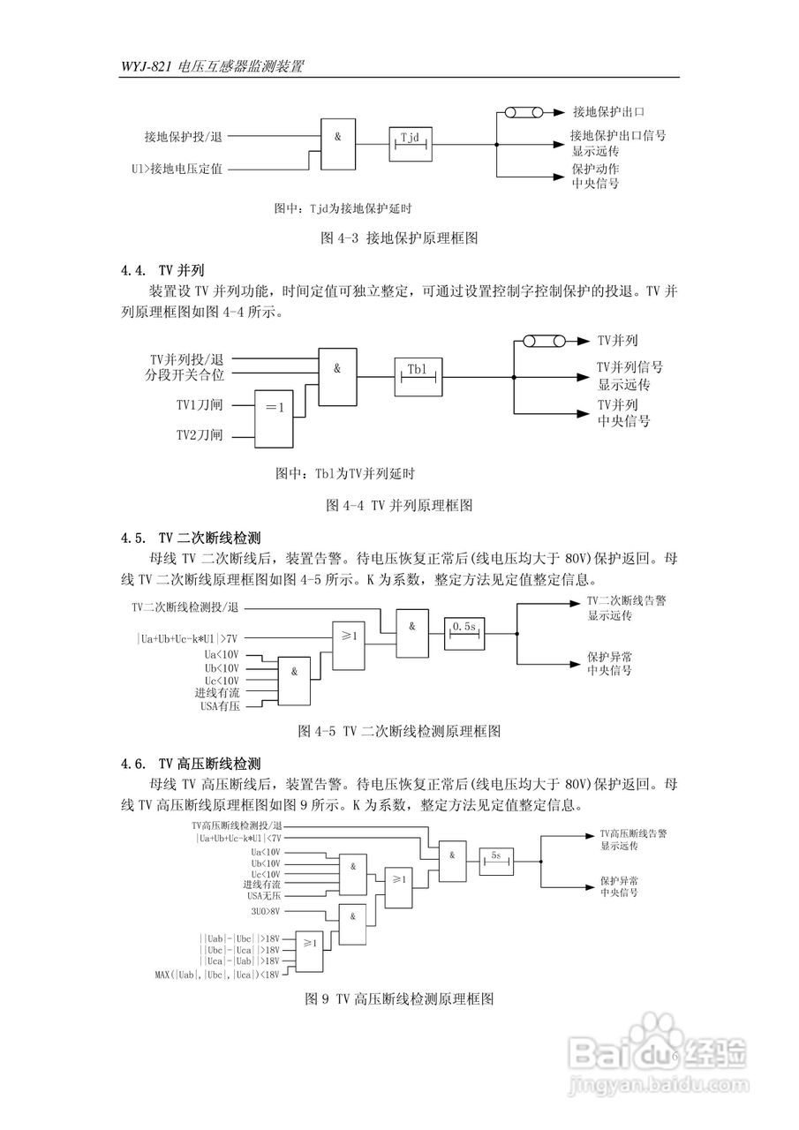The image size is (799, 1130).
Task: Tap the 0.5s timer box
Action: point(464,632)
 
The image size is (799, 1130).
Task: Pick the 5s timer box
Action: point(496,861)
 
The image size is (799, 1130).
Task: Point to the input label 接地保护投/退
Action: point(184,137)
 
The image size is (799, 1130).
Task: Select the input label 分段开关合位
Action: point(186,375)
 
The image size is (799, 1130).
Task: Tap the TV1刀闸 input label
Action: point(199,405)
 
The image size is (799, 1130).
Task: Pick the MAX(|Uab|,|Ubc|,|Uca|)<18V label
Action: point(217,975)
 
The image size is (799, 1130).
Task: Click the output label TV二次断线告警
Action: point(626,600)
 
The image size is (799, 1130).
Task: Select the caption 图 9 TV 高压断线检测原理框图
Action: point(398,998)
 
